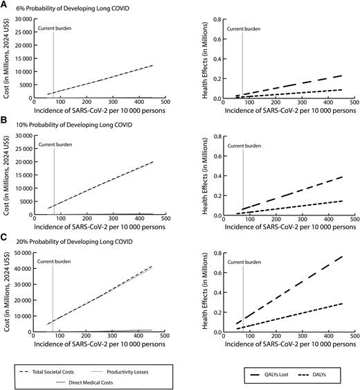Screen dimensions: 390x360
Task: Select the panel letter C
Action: pos(5,238)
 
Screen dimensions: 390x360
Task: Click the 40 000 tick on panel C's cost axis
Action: pos(19,268)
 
